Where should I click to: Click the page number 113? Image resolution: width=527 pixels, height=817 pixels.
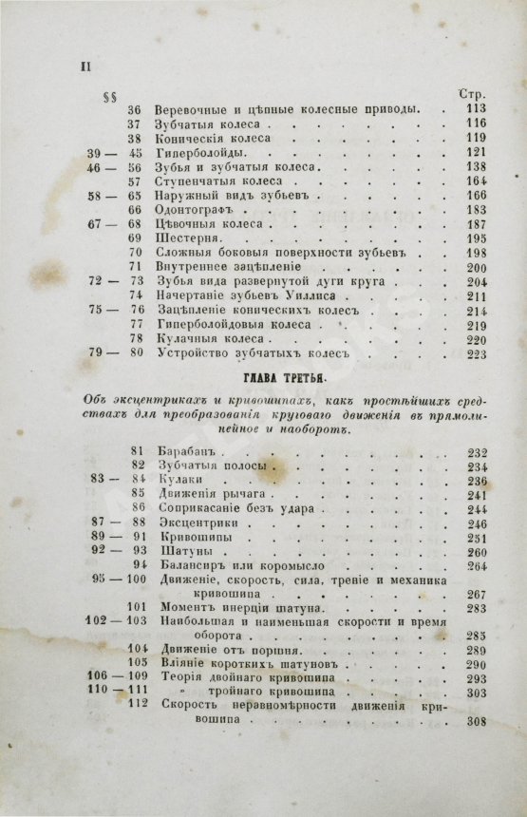(x=472, y=108)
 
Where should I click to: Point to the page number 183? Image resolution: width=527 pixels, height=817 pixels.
(x=472, y=209)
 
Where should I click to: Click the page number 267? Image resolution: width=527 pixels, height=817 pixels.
(x=472, y=595)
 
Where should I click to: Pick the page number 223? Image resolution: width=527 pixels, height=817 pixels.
(x=472, y=354)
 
